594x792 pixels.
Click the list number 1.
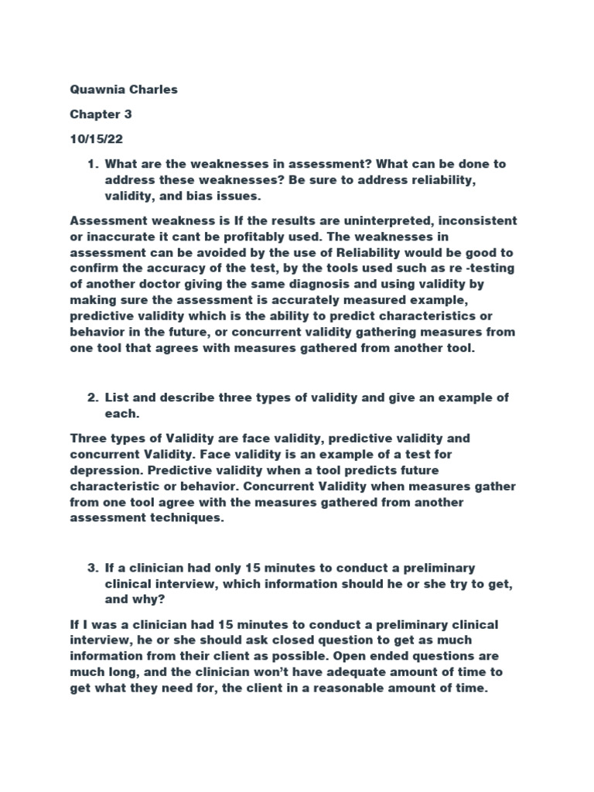(x=92, y=164)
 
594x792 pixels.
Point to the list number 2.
(x=92, y=398)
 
